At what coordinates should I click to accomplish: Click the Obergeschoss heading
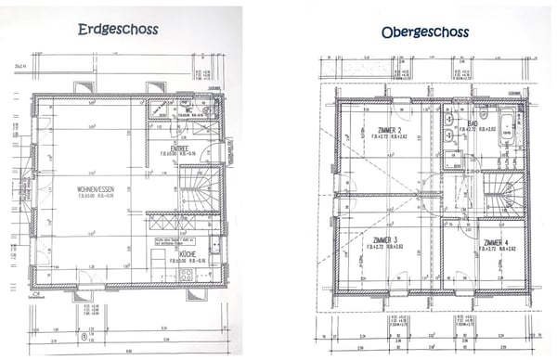(424, 32)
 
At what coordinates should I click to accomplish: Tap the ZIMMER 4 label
(496, 242)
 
